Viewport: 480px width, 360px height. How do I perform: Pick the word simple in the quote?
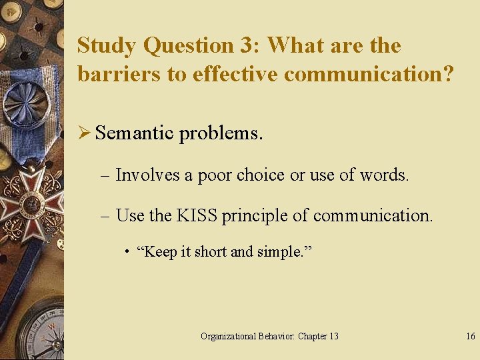pos(273,253)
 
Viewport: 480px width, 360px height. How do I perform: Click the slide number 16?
pos(470,336)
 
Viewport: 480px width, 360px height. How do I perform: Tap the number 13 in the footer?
pos(333,336)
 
